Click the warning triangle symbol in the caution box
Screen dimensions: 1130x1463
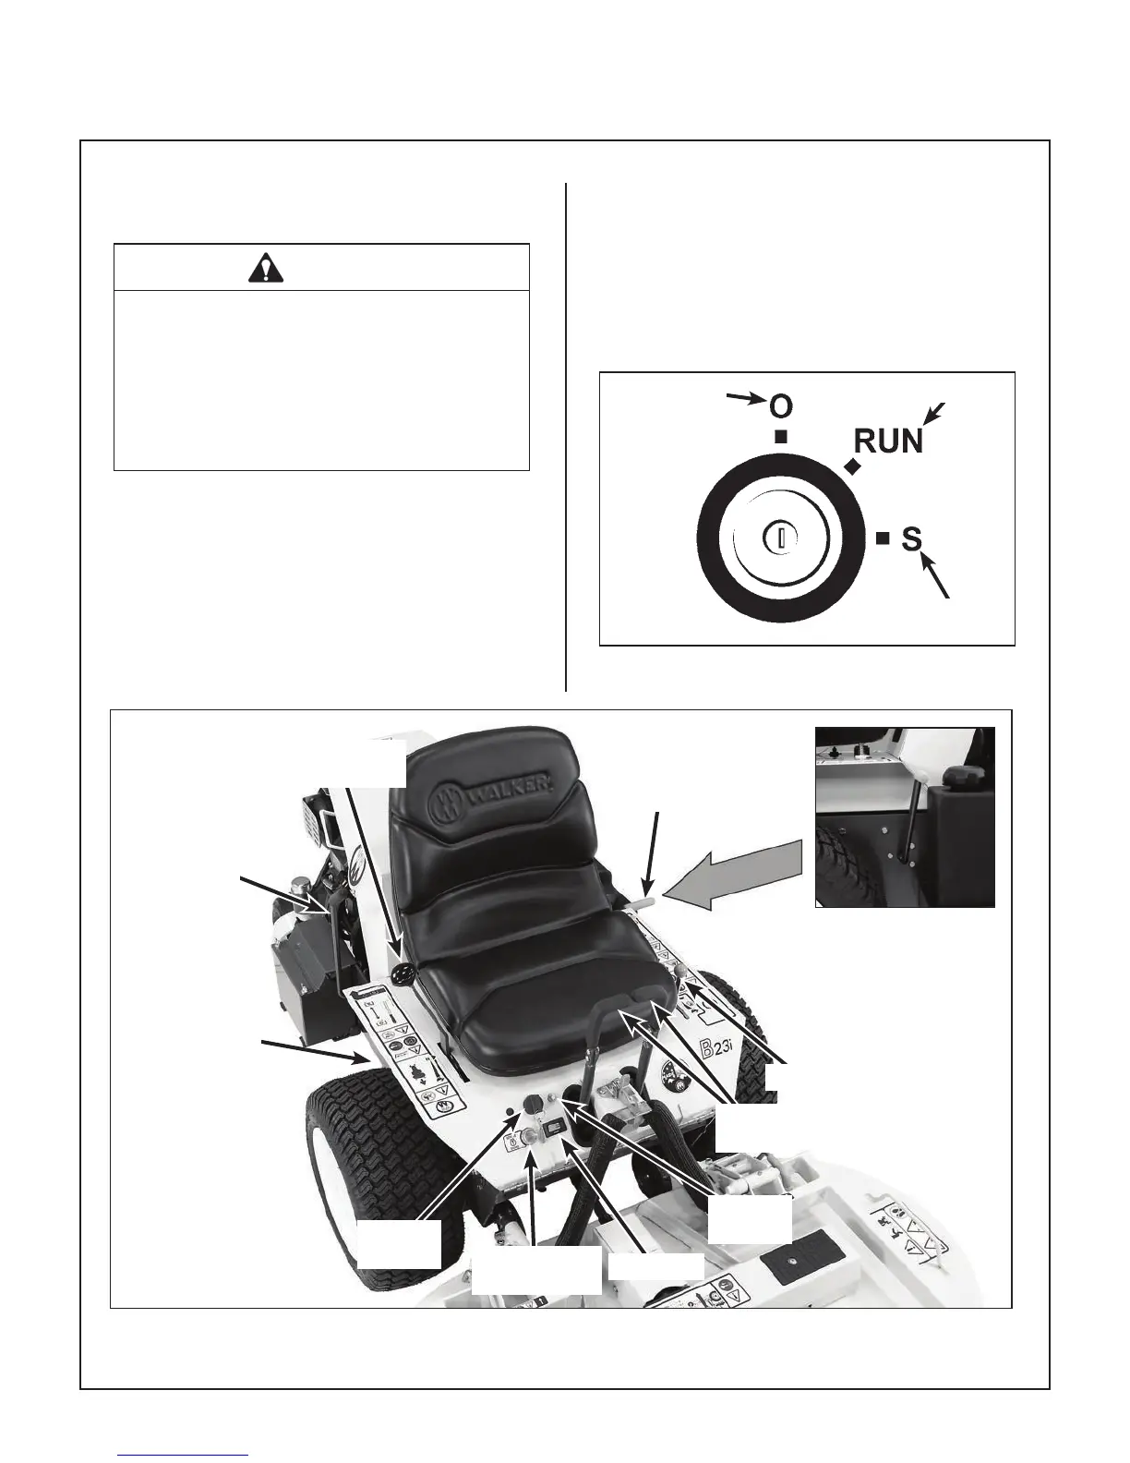click(268, 268)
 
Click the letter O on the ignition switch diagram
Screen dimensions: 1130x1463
click(781, 406)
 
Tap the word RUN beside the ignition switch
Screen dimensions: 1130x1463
click(887, 441)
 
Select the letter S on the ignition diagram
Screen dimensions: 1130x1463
click(911, 538)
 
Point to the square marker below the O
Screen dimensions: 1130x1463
click(781, 437)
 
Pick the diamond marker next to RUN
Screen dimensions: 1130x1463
click(851, 468)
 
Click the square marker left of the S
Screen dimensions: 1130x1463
click(883, 537)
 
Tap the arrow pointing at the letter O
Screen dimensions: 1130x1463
click(746, 398)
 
